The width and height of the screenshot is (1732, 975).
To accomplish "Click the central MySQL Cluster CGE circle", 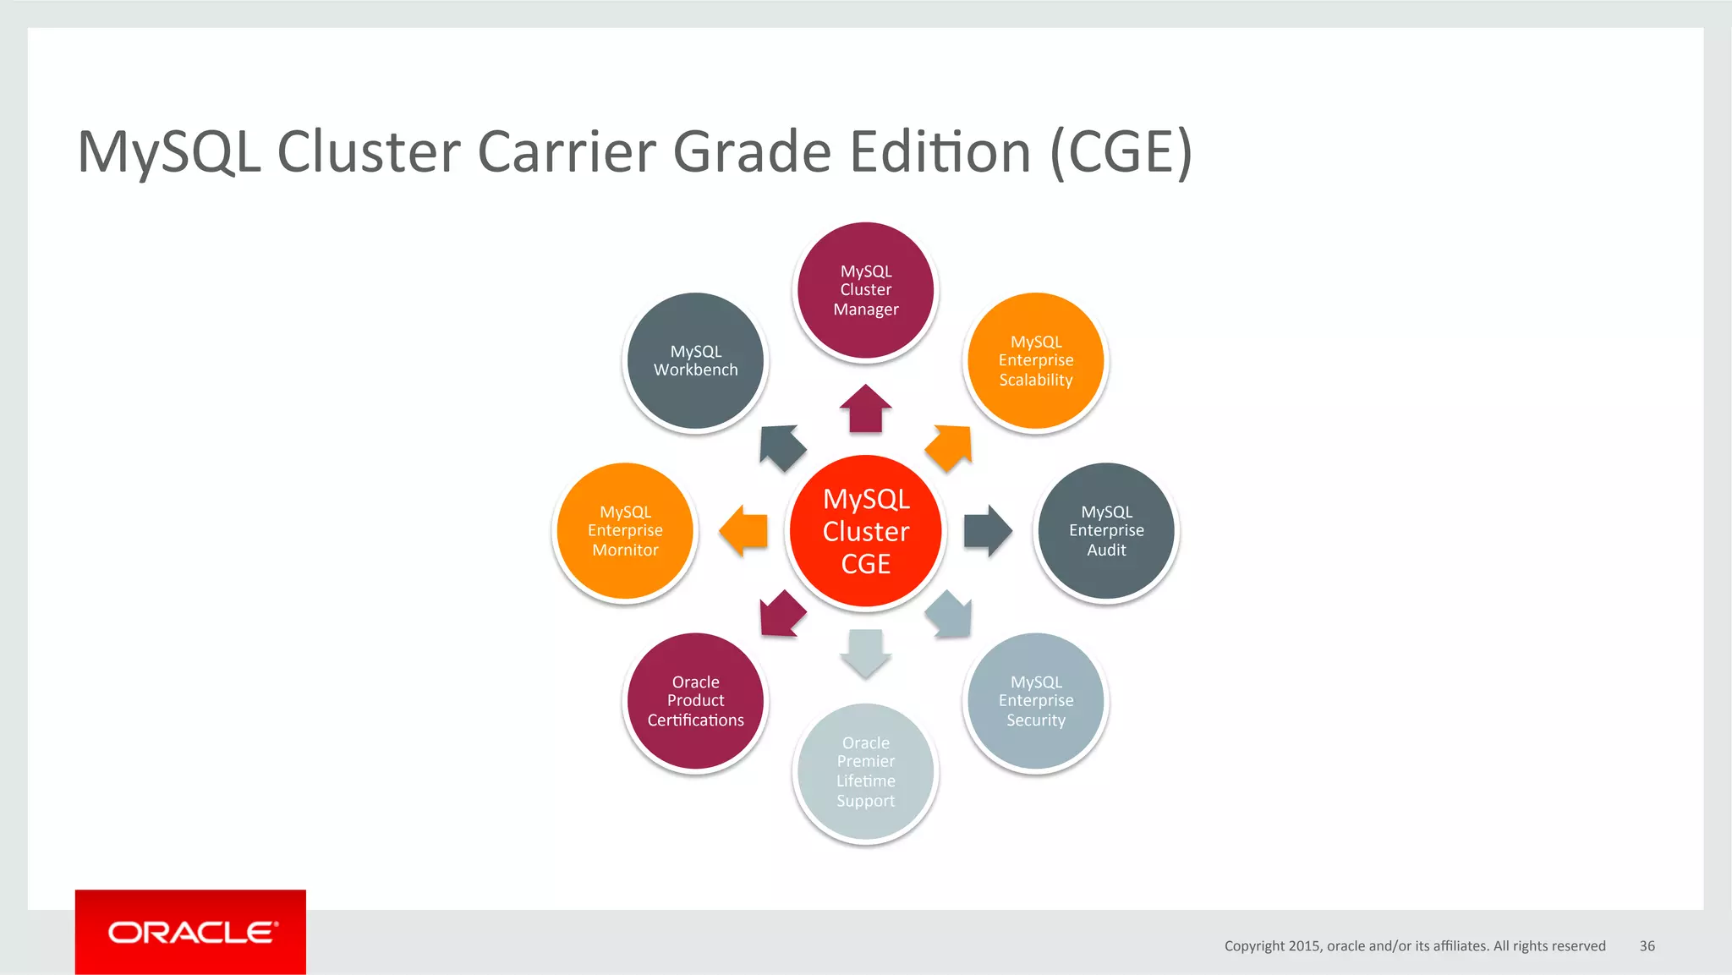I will coord(865,531).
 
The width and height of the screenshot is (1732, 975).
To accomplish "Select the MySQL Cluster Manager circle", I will coord(865,290).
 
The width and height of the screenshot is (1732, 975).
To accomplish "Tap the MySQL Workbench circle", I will coord(695,361).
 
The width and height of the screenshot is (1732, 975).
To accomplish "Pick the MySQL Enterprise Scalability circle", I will coord(1035,361).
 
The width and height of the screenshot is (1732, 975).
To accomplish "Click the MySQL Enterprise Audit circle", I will coord(1106,531).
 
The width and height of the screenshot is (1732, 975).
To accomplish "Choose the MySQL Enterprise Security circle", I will coord(1035,701).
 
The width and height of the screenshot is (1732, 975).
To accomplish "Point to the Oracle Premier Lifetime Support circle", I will coord(865,771).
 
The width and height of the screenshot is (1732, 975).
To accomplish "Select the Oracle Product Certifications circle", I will coord(695,701).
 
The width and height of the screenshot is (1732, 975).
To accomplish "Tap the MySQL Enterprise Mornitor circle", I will coord(625,531).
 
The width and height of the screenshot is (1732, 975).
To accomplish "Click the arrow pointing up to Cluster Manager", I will coord(865,408).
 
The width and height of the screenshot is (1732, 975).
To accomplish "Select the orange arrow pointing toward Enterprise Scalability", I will coord(950,447).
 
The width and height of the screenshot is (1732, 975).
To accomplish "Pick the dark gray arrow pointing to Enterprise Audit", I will coord(987,531).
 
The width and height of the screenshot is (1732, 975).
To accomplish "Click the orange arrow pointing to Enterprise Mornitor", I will coord(743,531).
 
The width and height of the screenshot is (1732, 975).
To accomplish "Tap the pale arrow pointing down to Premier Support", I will coord(865,653).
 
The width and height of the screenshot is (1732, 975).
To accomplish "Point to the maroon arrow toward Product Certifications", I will coord(781,614).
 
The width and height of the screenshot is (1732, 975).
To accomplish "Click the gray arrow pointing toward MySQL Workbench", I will coord(781,447).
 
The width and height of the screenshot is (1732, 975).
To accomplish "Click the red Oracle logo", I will coord(190,932).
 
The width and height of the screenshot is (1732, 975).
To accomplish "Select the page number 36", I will coord(1647,946).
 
